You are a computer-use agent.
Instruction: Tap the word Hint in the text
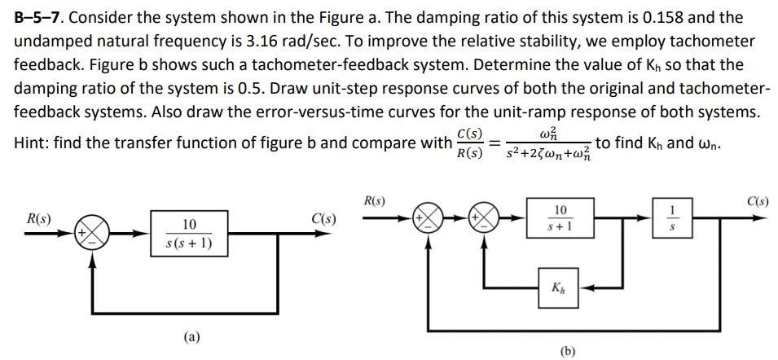[33, 143]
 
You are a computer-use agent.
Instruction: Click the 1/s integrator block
[673, 219]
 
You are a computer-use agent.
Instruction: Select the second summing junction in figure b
[486, 220]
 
